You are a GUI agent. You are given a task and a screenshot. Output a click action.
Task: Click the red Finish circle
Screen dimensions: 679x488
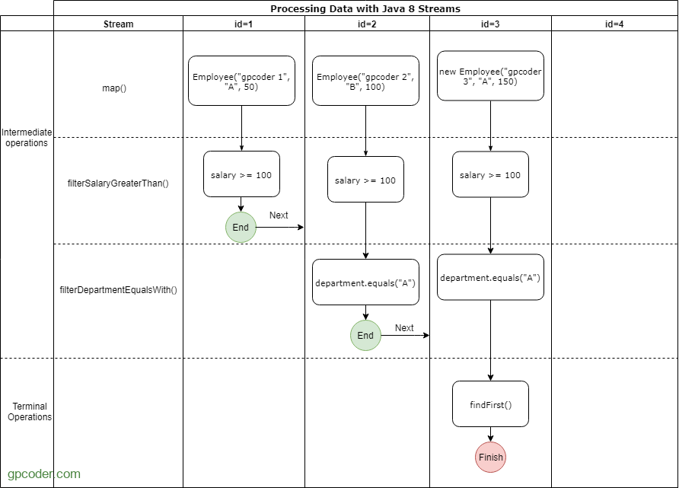[x=490, y=458]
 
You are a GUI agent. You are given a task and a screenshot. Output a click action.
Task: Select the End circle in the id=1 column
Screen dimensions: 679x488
[x=241, y=228]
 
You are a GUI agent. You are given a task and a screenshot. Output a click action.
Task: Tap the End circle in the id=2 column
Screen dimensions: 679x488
[x=365, y=335]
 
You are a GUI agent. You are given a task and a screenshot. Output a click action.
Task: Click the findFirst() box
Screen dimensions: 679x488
[x=490, y=404]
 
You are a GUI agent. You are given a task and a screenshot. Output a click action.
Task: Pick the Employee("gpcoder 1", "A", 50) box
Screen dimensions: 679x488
[x=241, y=81]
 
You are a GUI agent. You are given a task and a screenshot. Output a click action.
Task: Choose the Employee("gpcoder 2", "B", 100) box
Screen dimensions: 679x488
[x=365, y=81]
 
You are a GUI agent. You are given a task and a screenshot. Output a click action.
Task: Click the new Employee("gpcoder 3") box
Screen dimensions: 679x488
[x=490, y=76]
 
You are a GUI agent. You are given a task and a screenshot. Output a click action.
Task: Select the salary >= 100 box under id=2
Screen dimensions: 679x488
[x=365, y=179]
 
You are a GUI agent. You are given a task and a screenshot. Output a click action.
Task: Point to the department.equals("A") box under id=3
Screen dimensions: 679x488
[x=490, y=277]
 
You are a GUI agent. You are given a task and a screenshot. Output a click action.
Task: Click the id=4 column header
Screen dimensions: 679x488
[x=614, y=24]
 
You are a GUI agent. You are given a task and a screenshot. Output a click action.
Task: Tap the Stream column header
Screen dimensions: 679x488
[x=118, y=24]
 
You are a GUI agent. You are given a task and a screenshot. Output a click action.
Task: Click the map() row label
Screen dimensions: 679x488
[x=114, y=88]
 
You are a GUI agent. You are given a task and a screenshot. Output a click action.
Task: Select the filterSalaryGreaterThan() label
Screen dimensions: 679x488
[x=118, y=183]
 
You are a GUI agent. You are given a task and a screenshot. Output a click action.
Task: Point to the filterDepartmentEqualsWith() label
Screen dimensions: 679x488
[x=118, y=290]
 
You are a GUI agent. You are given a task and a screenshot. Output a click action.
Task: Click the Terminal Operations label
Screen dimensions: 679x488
[x=30, y=411]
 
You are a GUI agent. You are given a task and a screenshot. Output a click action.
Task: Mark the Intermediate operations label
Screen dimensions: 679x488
[x=27, y=137]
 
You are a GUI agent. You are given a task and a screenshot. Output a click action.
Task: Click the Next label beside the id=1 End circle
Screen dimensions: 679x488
[x=279, y=215]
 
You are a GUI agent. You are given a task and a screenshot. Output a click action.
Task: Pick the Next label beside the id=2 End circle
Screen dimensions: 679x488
[x=404, y=328]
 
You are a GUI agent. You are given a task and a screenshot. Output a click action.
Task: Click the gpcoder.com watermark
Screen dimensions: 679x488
[x=44, y=474]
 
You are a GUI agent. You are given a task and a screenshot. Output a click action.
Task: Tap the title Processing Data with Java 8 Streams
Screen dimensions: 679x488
[x=365, y=8]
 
